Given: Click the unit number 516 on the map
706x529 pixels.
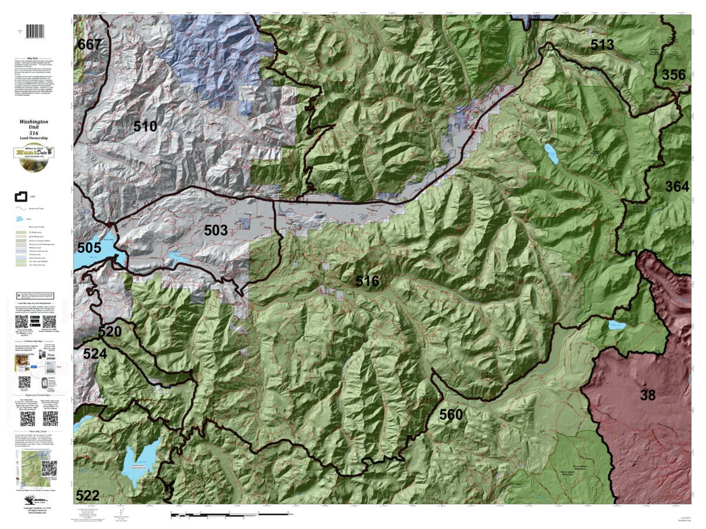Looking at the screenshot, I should (x=367, y=282).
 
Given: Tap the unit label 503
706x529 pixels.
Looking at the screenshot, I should (x=216, y=230).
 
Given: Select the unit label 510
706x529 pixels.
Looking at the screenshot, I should (x=145, y=126).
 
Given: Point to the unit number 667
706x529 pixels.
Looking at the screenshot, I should (x=89, y=44).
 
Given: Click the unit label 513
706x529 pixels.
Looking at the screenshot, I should (x=602, y=45).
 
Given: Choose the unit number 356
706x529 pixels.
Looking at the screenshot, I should (x=674, y=75).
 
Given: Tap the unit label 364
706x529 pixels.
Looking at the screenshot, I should (x=677, y=187).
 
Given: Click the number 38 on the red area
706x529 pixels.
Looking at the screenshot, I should (x=647, y=395).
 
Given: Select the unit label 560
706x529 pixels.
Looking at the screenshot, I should (x=451, y=414).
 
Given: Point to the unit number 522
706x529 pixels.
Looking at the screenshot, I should (x=87, y=494).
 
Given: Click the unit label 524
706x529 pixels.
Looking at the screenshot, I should (x=94, y=353).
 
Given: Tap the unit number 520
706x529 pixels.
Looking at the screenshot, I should (x=109, y=332).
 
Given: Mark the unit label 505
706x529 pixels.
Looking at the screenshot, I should (x=89, y=247).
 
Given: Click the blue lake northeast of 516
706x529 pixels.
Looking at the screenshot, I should (x=551, y=153).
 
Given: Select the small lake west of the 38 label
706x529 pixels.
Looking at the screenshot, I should (x=617, y=325).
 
